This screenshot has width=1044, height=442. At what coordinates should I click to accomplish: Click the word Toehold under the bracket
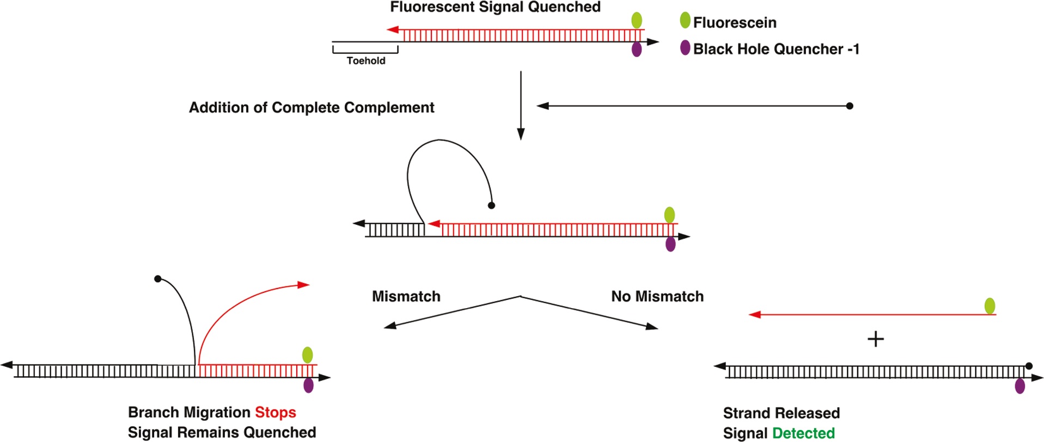point(366,61)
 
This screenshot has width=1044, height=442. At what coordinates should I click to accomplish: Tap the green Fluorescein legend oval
point(685,21)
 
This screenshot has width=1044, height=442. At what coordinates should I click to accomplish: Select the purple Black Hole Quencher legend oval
point(685,48)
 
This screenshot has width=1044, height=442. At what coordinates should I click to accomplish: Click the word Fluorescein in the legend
point(735,23)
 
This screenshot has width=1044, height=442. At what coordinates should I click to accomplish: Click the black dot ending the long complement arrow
point(850,106)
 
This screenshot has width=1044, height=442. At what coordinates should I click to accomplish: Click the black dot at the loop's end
point(491,206)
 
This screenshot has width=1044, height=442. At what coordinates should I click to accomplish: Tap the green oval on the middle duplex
point(670,215)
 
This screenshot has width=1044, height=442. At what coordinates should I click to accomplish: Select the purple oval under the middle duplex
point(671,244)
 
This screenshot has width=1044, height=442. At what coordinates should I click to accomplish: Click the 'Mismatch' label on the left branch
point(406,297)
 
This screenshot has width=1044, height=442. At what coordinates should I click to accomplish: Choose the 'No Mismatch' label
point(657,297)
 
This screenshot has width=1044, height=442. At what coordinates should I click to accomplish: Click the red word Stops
point(276,413)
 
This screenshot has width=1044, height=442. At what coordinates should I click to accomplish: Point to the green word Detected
point(803,433)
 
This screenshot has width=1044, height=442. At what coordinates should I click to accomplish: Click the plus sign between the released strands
point(876,340)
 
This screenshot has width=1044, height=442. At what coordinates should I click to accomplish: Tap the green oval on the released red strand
point(990,306)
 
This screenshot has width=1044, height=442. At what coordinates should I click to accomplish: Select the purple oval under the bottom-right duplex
point(1020,386)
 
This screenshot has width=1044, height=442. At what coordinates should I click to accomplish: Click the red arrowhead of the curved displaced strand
point(304,285)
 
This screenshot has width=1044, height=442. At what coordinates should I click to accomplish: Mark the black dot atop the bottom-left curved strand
point(158,279)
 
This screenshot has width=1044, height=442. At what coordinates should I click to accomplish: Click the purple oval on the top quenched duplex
point(637,50)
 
